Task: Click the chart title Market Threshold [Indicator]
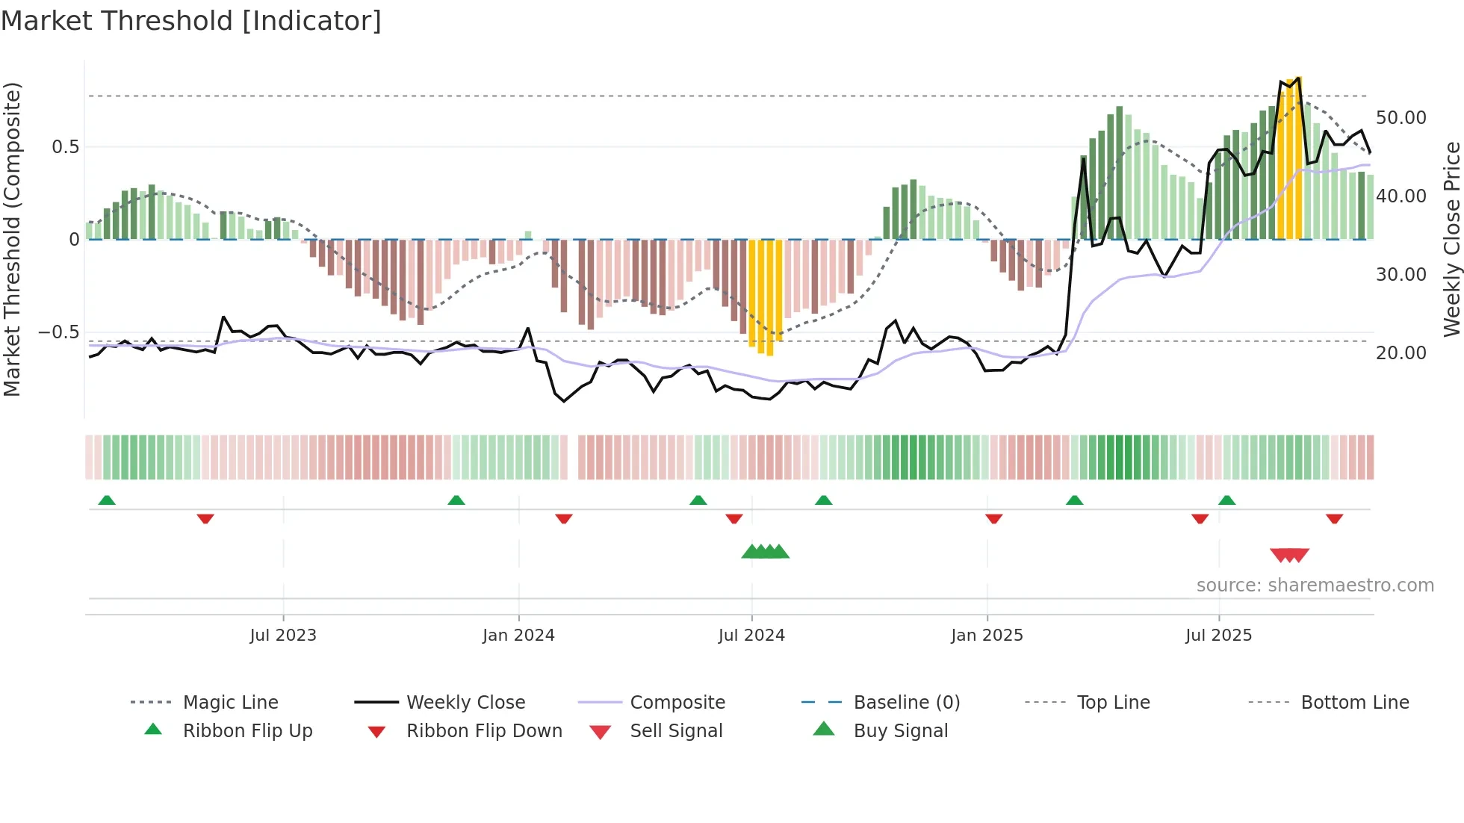pos(191,21)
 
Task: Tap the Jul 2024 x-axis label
pos(751,635)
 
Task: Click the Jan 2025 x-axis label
pos(987,635)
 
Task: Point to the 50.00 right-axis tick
pos(1401,118)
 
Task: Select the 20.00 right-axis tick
pos(1401,353)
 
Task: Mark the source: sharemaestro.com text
pos(1315,585)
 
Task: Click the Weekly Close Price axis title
pos(1451,239)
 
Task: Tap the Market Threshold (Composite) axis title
pos(12,239)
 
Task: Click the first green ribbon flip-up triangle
pos(107,500)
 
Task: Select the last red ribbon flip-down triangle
pos(1334,518)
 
